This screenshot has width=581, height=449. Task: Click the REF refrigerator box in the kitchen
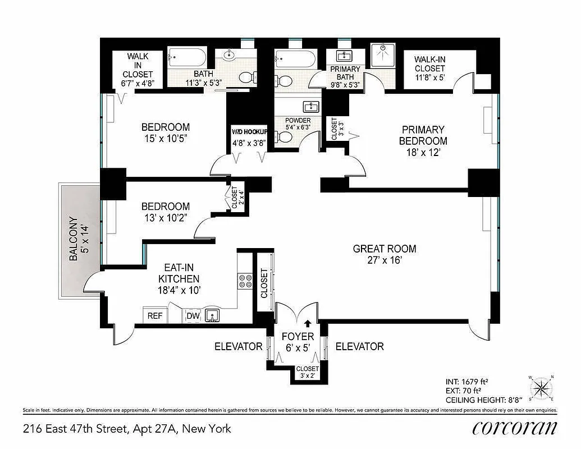tap(154, 316)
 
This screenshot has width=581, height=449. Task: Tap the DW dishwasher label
tap(193, 317)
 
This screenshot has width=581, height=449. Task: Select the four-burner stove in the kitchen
tap(245, 281)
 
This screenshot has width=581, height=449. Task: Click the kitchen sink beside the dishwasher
tap(212, 316)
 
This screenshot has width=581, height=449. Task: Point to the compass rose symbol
tap(541, 388)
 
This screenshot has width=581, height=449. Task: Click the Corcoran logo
tap(515, 428)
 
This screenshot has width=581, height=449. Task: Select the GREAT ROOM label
tap(385, 249)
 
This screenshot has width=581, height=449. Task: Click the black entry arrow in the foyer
tap(307, 323)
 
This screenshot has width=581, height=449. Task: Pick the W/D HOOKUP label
tap(249, 132)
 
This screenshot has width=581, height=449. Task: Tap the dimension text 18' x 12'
tap(423, 153)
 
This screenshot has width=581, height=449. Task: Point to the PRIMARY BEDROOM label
tap(423, 135)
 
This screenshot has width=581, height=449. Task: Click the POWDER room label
tap(298, 120)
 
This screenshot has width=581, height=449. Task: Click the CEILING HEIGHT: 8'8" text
tap(484, 400)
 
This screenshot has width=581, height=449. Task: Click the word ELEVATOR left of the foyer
tap(238, 346)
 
